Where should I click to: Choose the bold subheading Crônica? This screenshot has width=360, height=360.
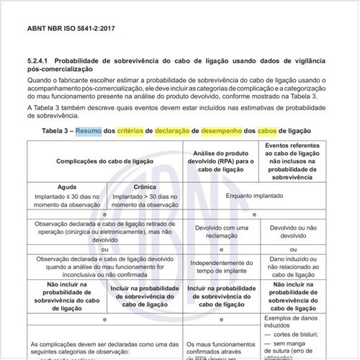point(144,186)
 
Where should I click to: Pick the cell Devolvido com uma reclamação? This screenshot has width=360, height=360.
point(220,230)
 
